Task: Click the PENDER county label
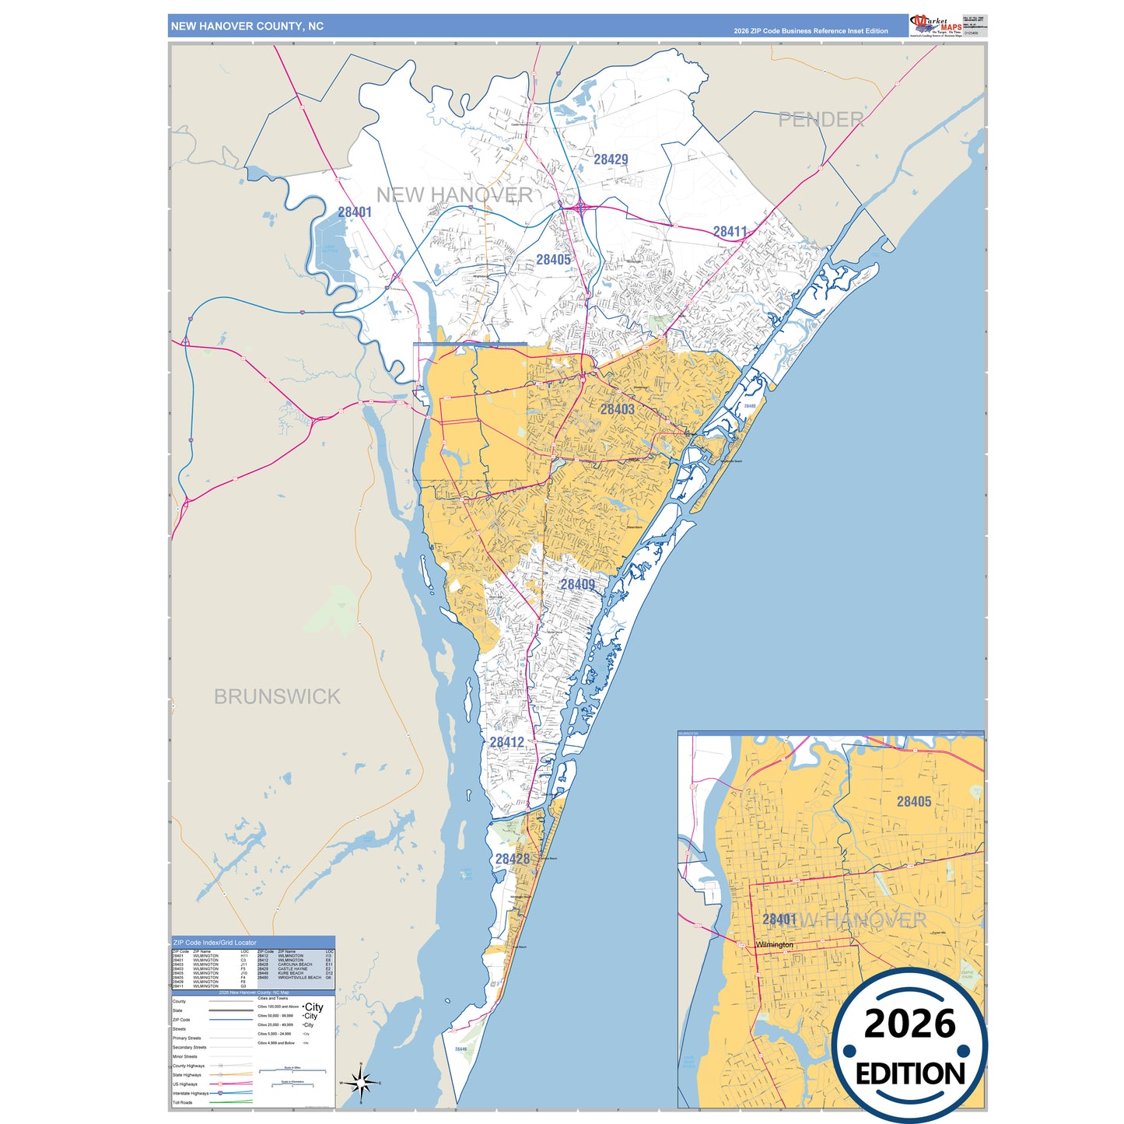tap(821, 120)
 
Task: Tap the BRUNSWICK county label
tap(277, 696)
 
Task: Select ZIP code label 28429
tap(611, 159)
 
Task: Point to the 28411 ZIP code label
tap(730, 232)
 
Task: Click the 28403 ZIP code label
tap(617, 409)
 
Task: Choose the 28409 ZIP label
tap(577, 584)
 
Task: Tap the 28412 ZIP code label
tap(506, 742)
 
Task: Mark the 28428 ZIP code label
tap(513, 859)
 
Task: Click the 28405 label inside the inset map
tap(913, 801)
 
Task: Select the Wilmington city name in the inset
tap(775, 945)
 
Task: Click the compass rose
tap(360, 1082)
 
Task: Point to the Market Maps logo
tap(936, 26)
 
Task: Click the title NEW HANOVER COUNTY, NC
tap(247, 26)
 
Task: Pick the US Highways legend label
tap(185, 1084)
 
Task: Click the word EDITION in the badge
tap(910, 1073)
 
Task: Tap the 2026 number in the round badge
tap(909, 1024)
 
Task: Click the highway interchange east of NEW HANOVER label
tap(582, 206)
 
